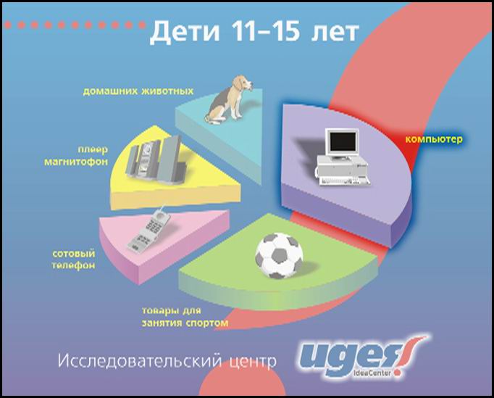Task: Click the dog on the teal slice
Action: [228, 99]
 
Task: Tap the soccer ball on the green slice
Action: [279, 255]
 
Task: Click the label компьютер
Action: [434, 139]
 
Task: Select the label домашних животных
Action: [138, 91]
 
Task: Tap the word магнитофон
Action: [76, 162]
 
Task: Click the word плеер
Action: [93, 149]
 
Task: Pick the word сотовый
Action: [74, 254]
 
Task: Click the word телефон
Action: [73, 265]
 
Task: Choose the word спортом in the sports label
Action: [206, 323]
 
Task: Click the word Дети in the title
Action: [184, 32]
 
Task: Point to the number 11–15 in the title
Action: [264, 31]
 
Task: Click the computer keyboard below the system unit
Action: [344, 182]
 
